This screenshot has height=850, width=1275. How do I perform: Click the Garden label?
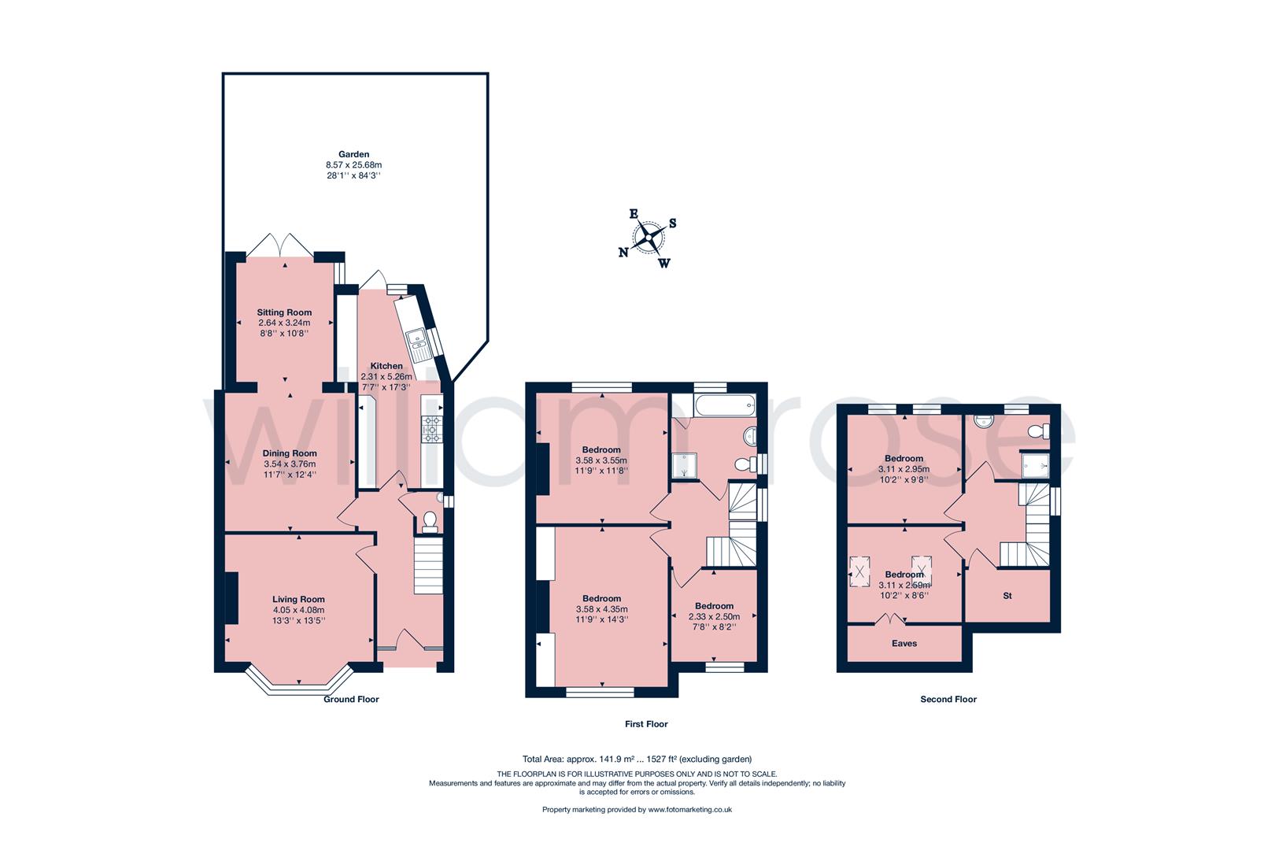point(354,154)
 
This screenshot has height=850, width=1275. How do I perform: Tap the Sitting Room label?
point(284,312)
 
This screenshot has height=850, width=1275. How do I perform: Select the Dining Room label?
point(290,453)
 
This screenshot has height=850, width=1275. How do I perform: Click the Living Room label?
point(298,599)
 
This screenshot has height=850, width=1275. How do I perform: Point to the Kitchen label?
point(386,366)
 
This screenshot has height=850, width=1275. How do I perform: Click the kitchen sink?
point(419,345)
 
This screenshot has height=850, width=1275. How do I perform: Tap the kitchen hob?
point(431,429)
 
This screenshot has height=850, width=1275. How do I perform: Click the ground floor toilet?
point(430,523)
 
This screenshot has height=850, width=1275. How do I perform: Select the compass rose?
point(649,237)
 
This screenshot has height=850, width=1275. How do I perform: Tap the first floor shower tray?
point(684,466)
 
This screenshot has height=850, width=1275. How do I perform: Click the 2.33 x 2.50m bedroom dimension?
point(715,616)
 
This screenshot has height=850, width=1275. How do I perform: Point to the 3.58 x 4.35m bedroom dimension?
point(601,609)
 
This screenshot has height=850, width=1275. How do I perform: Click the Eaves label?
point(904,643)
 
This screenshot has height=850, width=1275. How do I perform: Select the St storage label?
point(1007,596)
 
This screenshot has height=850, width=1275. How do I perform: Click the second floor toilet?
point(1039,431)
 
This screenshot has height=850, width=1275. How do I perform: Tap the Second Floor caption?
point(948,699)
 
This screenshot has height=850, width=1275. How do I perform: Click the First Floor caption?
point(646,724)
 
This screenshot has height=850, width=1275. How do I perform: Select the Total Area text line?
point(637,759)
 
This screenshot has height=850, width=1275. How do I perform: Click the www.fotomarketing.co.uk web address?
point(690,810)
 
